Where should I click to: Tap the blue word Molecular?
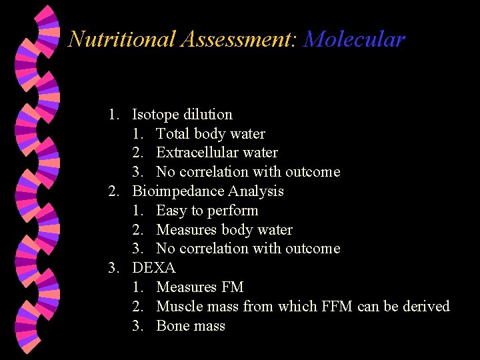tap(354, 39)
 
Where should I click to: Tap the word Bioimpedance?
tap(178, 191)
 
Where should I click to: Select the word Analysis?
tap(256, 191)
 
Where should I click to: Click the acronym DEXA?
tap(154, 268)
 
